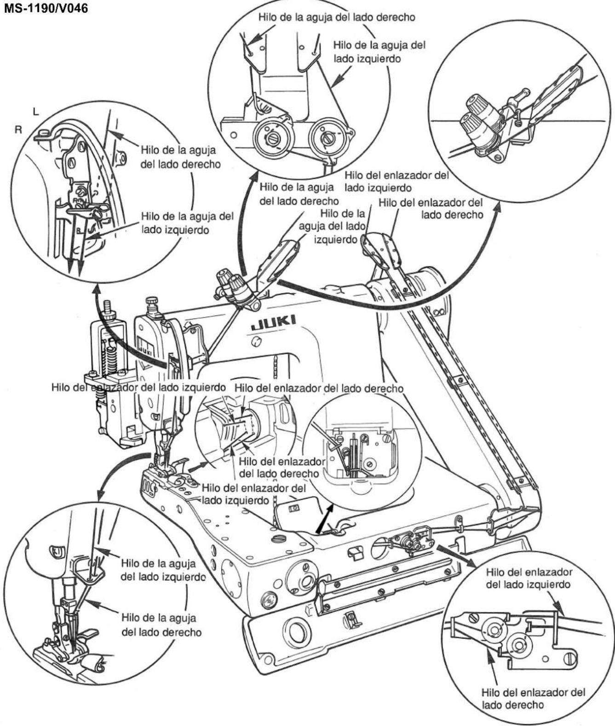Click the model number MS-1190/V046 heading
click(x=46, y=8)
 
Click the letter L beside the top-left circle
click(x=35, y=112)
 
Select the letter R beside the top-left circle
click(x=18, y=130)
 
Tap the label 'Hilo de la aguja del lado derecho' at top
click(x=337, y=17)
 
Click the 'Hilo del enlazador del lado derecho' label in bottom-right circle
click(x=533, y=698)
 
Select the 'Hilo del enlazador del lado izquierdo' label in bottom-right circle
click(x=529, y=578)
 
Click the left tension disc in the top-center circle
click(x=272, y=138)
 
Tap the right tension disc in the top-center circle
click(x=328, y=137)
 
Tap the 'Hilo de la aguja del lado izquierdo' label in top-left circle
click(x=187, y=223)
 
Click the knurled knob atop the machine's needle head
click(x=152, y=303)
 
